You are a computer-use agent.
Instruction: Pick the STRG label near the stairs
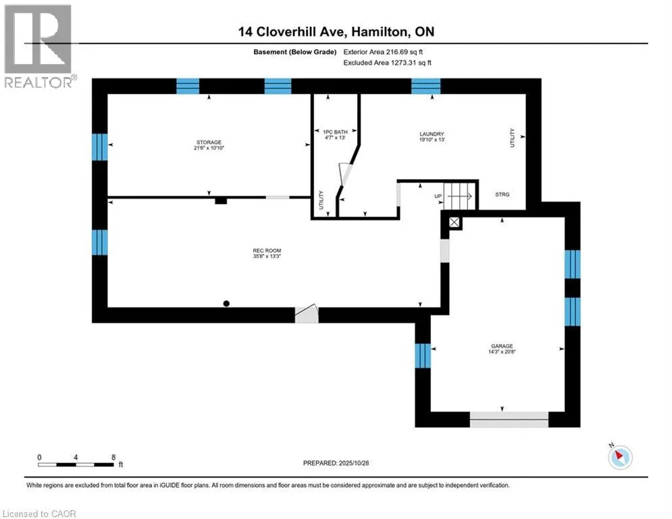502,195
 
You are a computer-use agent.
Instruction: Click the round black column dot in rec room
227,303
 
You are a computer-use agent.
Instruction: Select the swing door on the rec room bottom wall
306,314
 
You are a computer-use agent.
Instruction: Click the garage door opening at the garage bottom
509,419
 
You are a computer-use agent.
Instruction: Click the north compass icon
619,457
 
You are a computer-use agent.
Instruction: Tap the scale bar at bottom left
76,464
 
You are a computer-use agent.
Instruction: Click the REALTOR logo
38,45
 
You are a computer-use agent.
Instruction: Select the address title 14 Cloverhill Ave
335,32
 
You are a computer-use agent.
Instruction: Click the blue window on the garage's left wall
423,355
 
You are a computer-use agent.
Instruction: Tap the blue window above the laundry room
425,86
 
